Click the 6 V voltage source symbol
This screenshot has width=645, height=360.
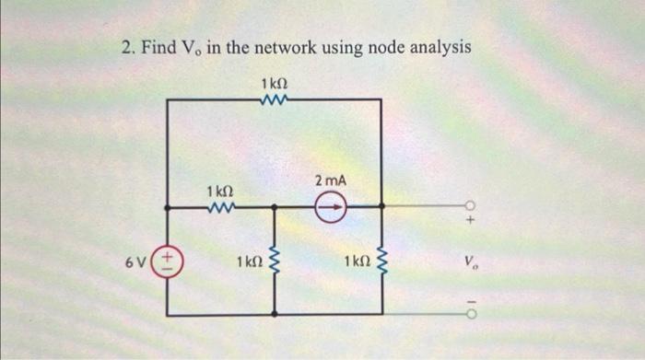tap(168, 261)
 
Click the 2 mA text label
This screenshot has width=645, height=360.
tap(331, 180)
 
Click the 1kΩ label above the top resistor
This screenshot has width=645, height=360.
tap(275, 84)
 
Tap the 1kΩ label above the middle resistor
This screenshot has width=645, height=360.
tap(218, 191)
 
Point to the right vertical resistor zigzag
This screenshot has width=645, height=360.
tap(381, 261)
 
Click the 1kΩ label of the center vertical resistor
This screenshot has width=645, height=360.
tap(246, 262)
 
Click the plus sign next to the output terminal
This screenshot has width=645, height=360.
tap(470, 222)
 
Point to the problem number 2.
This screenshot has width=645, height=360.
tap(127, 47)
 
